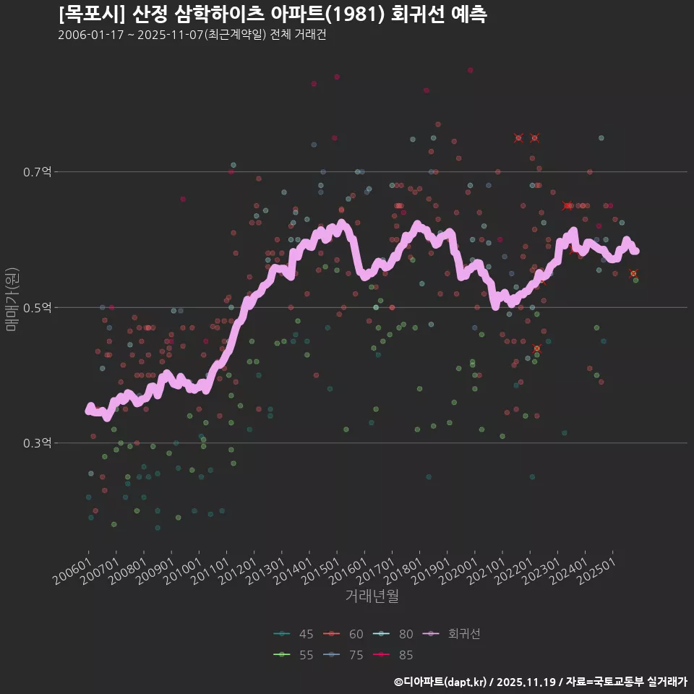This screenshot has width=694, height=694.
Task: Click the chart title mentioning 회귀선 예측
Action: (x=272, y=14)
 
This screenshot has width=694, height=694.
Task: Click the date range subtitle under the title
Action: (x=192, y=35)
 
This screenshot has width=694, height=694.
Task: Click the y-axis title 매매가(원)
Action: (x=11, y=299)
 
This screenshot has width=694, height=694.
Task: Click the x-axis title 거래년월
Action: (x=372, y=596)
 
